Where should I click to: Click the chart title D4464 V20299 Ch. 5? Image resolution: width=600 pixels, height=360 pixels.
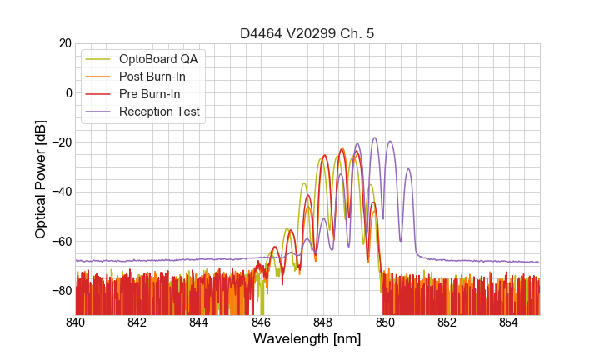click(307, 33)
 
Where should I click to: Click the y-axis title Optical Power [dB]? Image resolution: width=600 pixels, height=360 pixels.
click(41, 178)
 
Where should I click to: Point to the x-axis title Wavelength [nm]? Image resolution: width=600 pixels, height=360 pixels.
click(307, 339)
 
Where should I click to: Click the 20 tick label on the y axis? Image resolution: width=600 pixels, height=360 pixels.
click(64, 43)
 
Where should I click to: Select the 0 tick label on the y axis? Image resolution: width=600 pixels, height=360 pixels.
click(68, 92)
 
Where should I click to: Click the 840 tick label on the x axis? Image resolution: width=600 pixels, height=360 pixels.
click(76, 322)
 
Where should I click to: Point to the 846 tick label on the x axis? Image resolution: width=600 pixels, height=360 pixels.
click(262, 322)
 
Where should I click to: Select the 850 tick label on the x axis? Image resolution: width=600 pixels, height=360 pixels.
click(385, 322)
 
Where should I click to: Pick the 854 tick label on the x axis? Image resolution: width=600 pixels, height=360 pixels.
click(509, 322)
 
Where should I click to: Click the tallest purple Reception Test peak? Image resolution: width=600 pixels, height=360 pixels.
click(375, 138)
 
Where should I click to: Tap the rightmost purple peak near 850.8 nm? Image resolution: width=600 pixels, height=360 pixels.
click(408, 170)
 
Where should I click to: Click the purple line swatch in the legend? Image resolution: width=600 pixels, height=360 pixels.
click(98, 112)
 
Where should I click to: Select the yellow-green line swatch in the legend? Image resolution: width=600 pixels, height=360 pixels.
click(98, 59)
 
